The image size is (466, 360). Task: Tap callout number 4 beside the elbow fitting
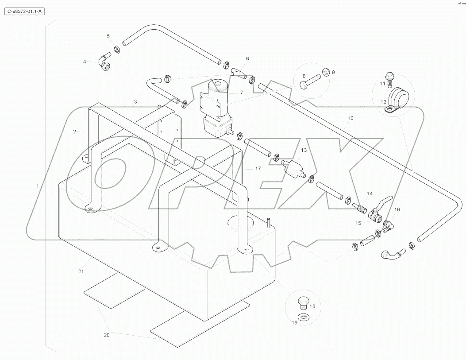pos(85,62)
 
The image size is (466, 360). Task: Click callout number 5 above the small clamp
pos(108,35)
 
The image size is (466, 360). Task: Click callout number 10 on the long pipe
pos(350,118)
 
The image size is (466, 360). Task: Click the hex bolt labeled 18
pos(302,302)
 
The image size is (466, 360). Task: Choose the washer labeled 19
pos(302,317)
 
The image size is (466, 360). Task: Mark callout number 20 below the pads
pos(106,335)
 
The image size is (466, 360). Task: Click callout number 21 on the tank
pos(81,271)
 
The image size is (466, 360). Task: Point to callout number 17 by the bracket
pos(258,169)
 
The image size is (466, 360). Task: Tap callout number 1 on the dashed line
pos(38,186)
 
